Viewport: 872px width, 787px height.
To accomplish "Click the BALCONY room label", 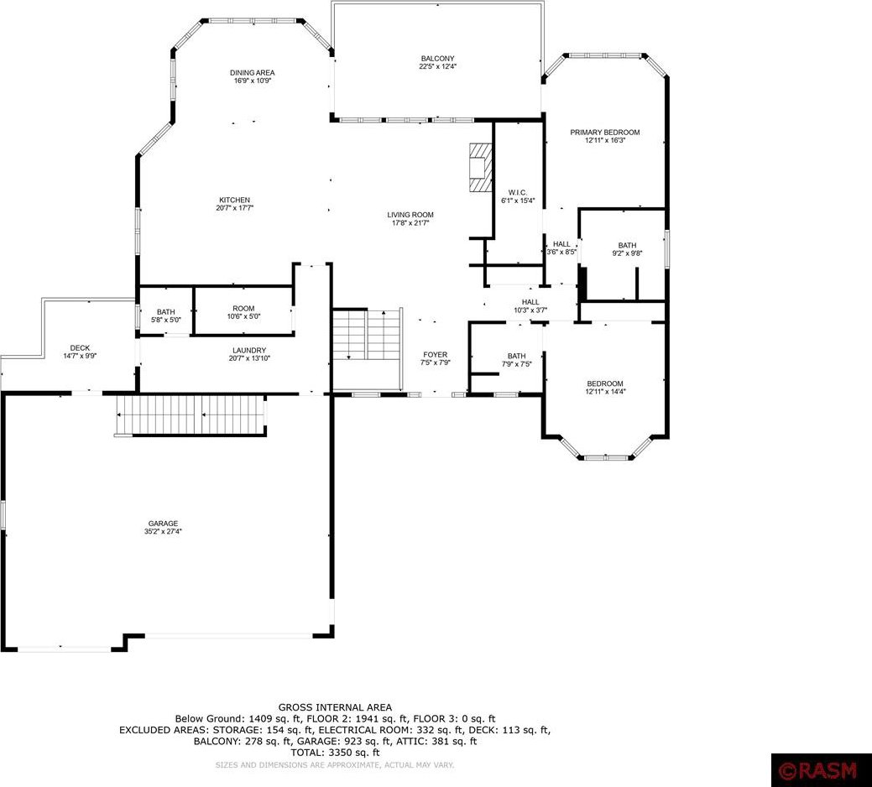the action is click(437, 59).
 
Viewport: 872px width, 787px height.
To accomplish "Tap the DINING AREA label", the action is click(253, 73).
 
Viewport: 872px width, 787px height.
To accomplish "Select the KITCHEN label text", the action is click(235, 200).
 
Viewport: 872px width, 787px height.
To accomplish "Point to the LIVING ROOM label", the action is click(410, 215).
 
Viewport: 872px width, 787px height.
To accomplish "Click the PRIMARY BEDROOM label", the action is click(605, 133).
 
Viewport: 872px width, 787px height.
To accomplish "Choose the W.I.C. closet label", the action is click(518, 193).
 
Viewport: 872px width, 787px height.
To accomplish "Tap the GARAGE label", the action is click(163, 524).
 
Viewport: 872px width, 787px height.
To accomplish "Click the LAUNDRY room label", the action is click(249, 351).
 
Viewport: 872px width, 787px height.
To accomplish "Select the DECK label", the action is click(80, 348).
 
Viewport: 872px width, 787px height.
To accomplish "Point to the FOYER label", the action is click(435, 355).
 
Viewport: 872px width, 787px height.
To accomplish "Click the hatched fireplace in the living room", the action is click(481, 167).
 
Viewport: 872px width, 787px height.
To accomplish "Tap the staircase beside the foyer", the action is click(367, 335).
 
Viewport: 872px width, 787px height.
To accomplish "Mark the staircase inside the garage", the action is click(190, 415).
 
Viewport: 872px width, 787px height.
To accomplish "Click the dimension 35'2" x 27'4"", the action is click(163, 531).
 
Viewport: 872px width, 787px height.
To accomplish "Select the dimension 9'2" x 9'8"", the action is click(627, 253).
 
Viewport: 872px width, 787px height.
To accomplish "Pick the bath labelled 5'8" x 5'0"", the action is click(165, 315).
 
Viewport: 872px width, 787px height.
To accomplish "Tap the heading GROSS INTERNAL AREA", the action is click(335, 707).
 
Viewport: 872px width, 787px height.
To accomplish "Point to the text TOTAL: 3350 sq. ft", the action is click(335, 753).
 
